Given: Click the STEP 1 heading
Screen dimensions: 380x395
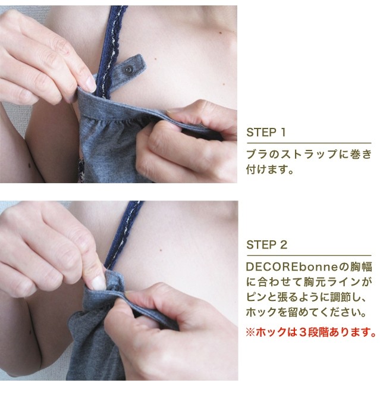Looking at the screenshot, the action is pyautogui.click(x=266, y=133).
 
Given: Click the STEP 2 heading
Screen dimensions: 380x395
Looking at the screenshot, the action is pyautogui.click(x=266, y=244).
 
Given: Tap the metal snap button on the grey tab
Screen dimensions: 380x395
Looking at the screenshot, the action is pyautogui.click(x=129, y=69).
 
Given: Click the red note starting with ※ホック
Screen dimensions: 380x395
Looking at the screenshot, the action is pyautogui.click(x=311, y=333).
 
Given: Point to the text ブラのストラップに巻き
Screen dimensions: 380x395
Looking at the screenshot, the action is pyautogui.click(x=309, y=154).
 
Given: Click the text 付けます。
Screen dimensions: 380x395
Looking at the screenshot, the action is pyautogui.click(x=270, y=170).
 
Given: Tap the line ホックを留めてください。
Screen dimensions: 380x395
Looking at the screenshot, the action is pyautogui.click(x=306, y=312).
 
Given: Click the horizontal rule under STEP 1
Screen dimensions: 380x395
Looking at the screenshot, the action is pyautogui.click(x=309, y=143).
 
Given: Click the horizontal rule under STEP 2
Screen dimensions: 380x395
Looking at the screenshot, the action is pyautogui.click(x=309, y=255).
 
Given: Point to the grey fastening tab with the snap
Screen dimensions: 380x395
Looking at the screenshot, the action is pyautogui.click(x=123, y=73).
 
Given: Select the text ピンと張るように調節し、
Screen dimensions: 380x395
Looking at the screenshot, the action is pyautogui.click(x=306, y=297).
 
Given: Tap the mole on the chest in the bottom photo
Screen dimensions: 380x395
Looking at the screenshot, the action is pyautogui.click(x=161, y=250).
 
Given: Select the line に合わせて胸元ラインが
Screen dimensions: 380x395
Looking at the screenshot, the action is pyautogui.click(x=309, y=282).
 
